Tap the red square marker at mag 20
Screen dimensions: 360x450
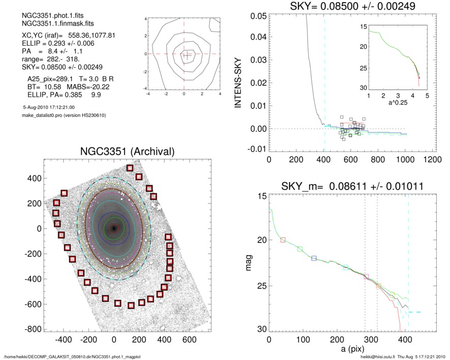[x=283, y=239]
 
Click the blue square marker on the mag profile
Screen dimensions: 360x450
[x=314, y=258]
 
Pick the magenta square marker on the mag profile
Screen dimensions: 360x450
[x=366, y=277]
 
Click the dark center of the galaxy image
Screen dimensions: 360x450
[x=113, y=228]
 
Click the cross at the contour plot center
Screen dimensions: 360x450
[x=186, y=55]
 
